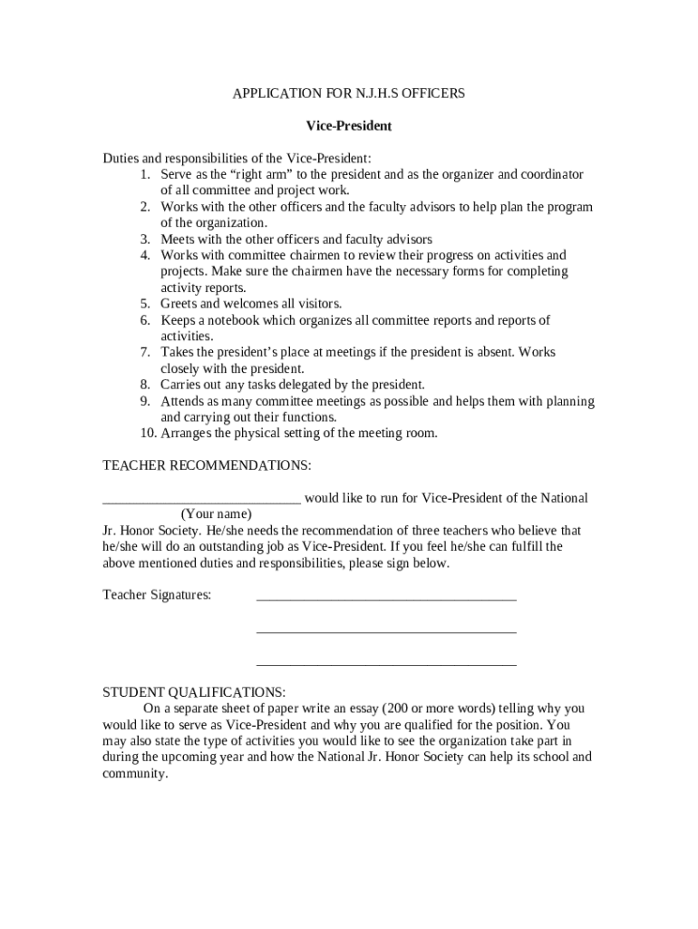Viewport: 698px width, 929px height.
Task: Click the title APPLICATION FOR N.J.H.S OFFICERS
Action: click(x=349, y=93)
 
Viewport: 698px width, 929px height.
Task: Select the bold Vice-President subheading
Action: click(x=349, y=125)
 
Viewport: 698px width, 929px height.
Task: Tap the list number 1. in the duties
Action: click(x=145, y=174)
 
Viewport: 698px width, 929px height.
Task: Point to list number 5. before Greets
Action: click(x=145, y=304)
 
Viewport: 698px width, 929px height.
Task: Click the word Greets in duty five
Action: click(x=179, y=304)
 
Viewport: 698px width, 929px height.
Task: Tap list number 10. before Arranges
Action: click(x=148, y=434)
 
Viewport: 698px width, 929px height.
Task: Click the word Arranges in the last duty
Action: click(x=189, y=434)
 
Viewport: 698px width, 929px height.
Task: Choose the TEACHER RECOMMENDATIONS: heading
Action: click(x=207, y=465)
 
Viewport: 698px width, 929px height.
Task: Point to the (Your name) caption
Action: click(x=217, y=514)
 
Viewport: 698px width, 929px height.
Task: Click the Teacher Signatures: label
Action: click(x=157, y=595)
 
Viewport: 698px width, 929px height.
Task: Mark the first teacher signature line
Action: click(x=386, y=598)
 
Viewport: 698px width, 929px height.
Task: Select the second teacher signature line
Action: click(x=386, y=631)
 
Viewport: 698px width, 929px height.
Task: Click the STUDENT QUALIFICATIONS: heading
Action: click(x=194, y=692)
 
